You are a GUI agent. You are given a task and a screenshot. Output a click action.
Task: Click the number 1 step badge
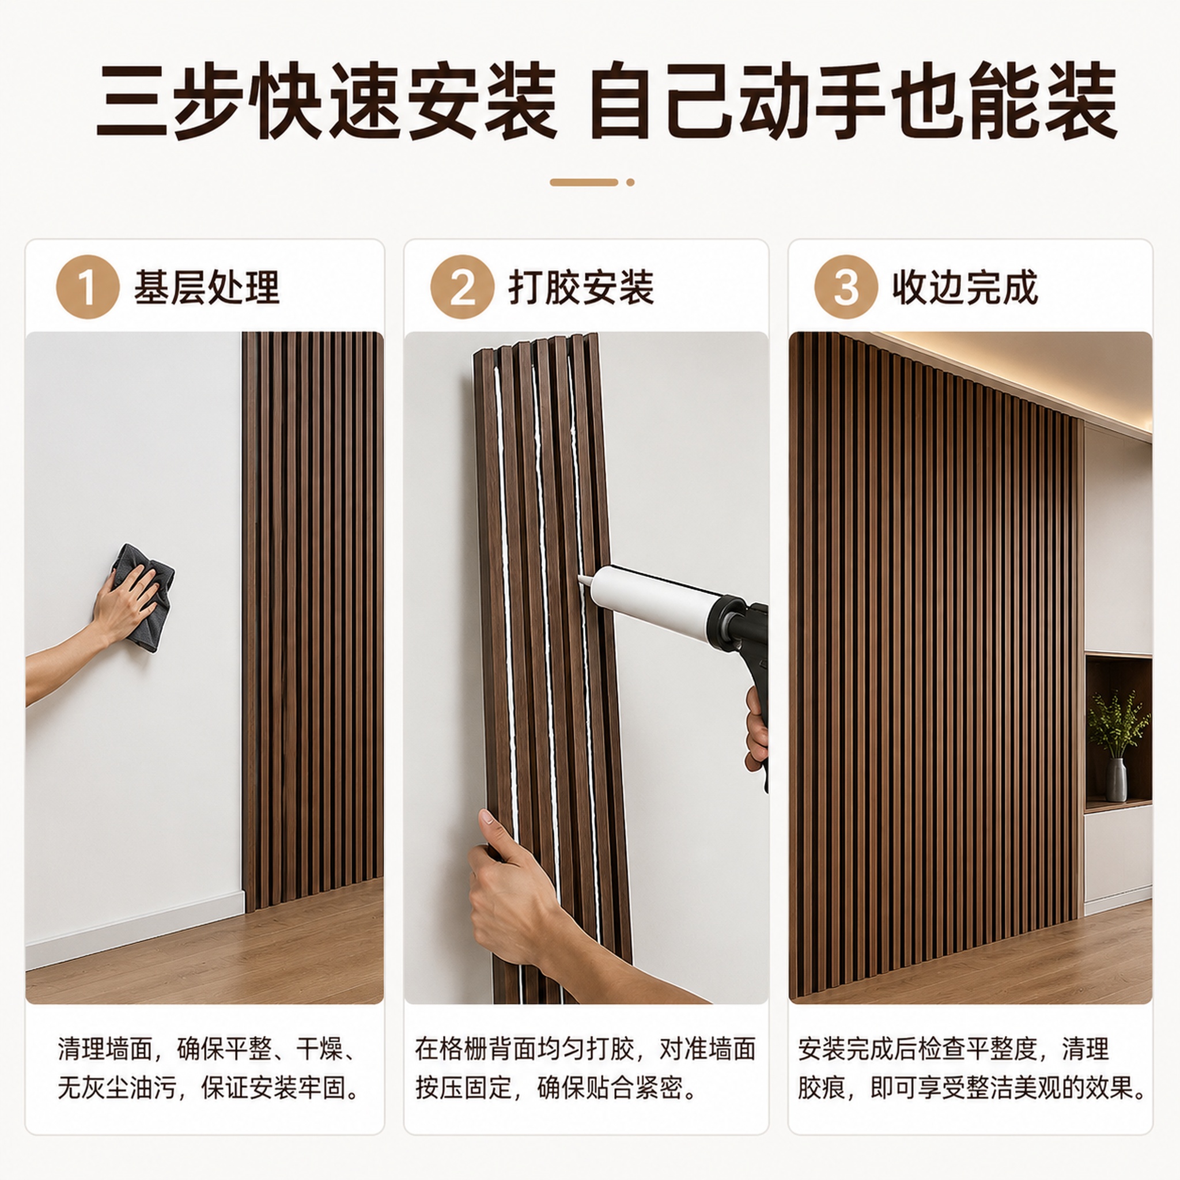point(88,286)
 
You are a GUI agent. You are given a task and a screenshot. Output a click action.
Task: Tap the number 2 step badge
point(462,286)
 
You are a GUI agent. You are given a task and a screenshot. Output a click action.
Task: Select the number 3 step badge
point(846,286)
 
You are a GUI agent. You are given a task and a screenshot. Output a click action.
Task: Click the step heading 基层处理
point(207,287)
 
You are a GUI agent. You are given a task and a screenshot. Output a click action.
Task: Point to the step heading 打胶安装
point(581,287)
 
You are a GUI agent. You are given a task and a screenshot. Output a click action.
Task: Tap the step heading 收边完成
point(966,287)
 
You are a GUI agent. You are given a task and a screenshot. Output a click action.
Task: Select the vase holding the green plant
point(1116,780)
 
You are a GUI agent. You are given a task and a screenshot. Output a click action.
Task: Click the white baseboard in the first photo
point(134,928)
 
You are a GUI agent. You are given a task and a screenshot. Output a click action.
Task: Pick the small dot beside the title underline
point(630,182)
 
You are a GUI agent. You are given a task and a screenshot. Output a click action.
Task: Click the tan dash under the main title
point(584,182)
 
